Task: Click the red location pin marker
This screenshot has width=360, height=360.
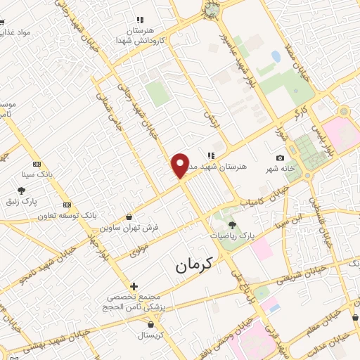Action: (181, 165)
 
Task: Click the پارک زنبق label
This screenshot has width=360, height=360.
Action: (21, 201)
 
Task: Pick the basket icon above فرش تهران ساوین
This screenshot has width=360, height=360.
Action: (129, 217)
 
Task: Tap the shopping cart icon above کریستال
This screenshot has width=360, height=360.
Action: (151, 325)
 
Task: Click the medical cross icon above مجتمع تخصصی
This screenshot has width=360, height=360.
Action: (134, 286)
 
